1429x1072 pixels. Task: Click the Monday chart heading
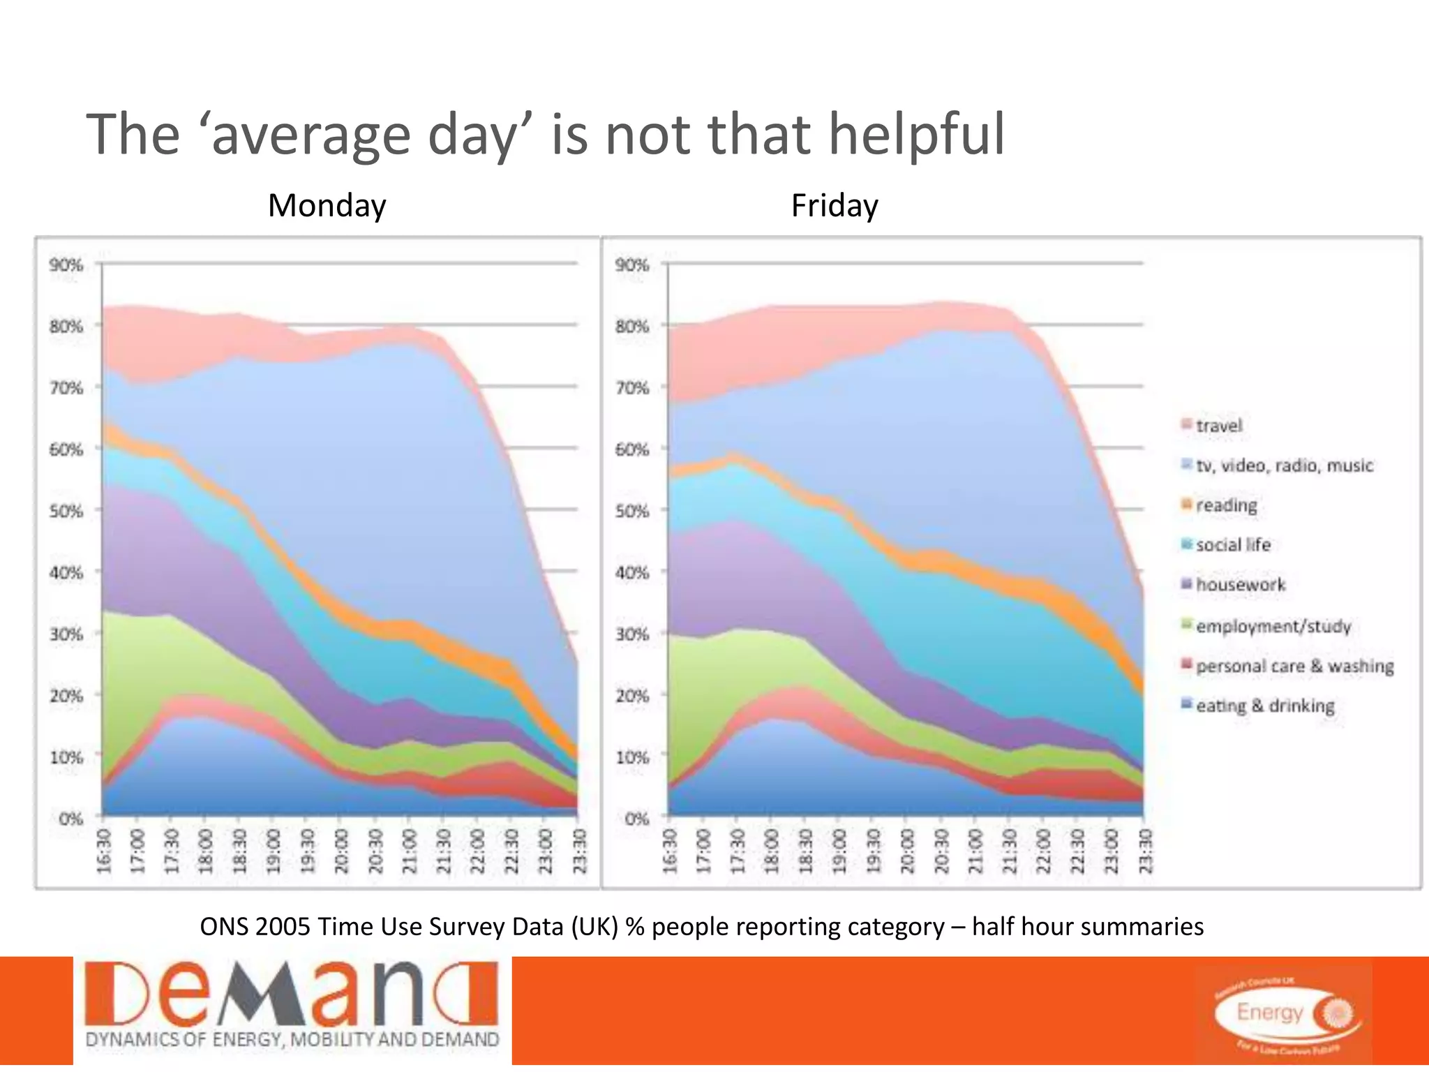pyautogui.click(x=327, y=206)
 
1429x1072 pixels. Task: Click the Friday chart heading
pyautogui.click(x=834, y=206)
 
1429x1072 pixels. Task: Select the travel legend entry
pyautogui.click(x=1218, y=426)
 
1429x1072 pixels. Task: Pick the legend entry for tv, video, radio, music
pyautogui.click(x=1284, y=466)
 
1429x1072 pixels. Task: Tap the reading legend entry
pyautogui.click(x=1226, y=505)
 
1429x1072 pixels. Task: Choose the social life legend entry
pyautogui.click(x=1233, y=545)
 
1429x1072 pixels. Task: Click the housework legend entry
pyautogui.click(x=1240, y=585)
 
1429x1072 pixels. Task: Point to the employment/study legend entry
pyautogui.click(x=1273, y=626)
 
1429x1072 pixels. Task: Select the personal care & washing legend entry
pyautogui.click(x=1294, y=667)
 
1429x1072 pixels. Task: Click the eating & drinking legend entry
pyautogui.click(x=1264, y=706)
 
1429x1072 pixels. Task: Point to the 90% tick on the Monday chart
pyautogui.click(x=66, y=265)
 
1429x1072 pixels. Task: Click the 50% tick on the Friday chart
pyautogui.click(x=632, y=511)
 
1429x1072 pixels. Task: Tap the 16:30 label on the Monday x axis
pyautogui.click(x=104, y=851)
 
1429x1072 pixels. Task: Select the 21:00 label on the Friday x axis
pyautogui.click(x=975, y=851)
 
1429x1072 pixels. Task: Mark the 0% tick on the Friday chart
pyautogui.click(x=636, y=819)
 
